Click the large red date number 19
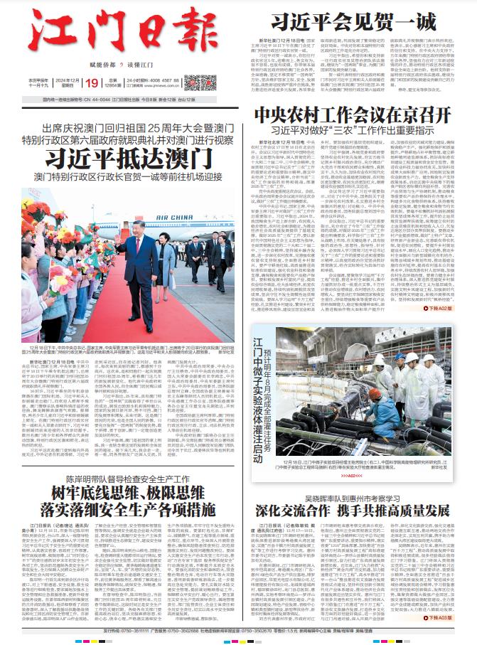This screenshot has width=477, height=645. click(x=90, y=83)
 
